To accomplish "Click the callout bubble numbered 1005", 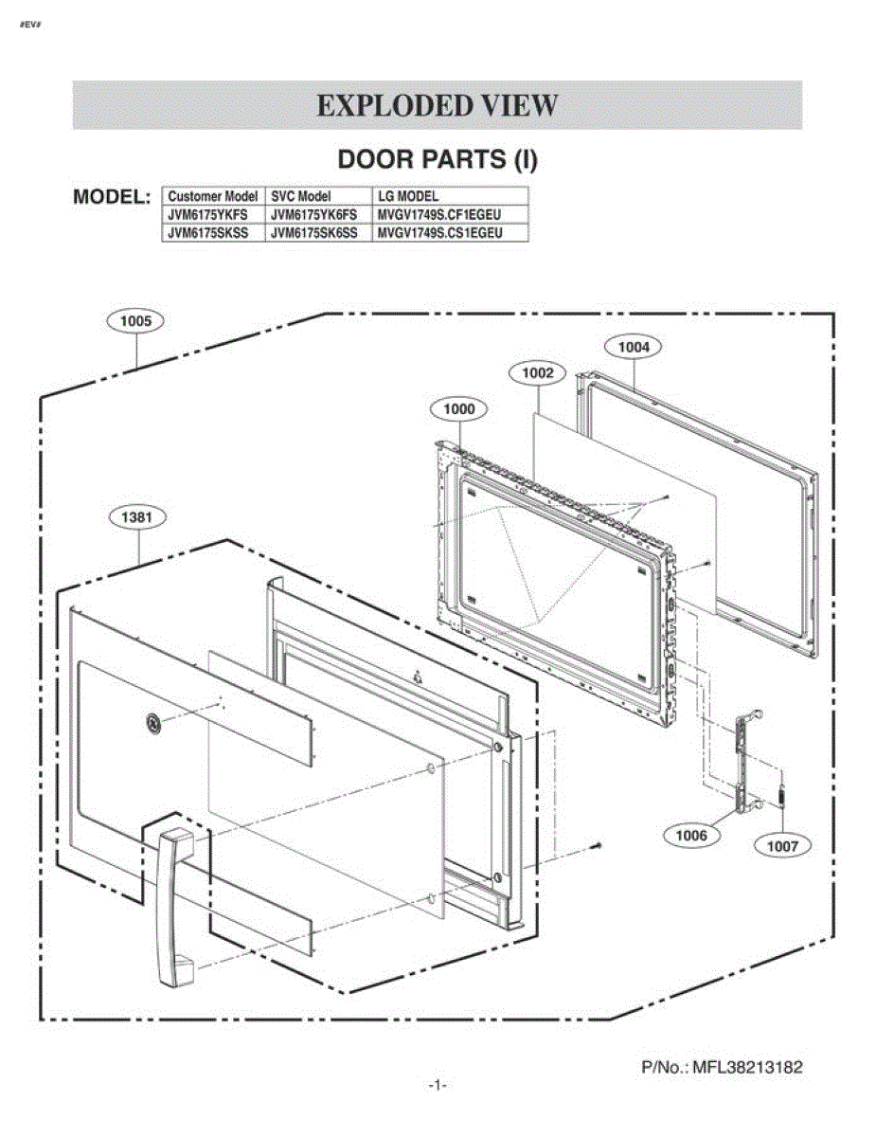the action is click(134, 321).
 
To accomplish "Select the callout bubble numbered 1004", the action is click(633, 347).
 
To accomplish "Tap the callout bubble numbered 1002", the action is click(537, 372).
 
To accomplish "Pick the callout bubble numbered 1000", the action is click(458, 409).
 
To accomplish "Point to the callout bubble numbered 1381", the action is click(137, 517).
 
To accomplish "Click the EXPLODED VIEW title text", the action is click(438, 105).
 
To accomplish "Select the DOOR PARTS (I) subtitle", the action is click(438, 159).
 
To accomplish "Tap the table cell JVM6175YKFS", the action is click(207, 214).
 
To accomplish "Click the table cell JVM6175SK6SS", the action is click(313, 233).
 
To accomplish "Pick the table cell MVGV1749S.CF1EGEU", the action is click(439, 214).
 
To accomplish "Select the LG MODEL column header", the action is click(408, 196).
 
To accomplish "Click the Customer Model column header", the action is click(212, 196).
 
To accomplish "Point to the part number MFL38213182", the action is click(747, 1067).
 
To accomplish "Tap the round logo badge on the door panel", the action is click(153, 722).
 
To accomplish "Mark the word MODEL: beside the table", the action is click(112, 197).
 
